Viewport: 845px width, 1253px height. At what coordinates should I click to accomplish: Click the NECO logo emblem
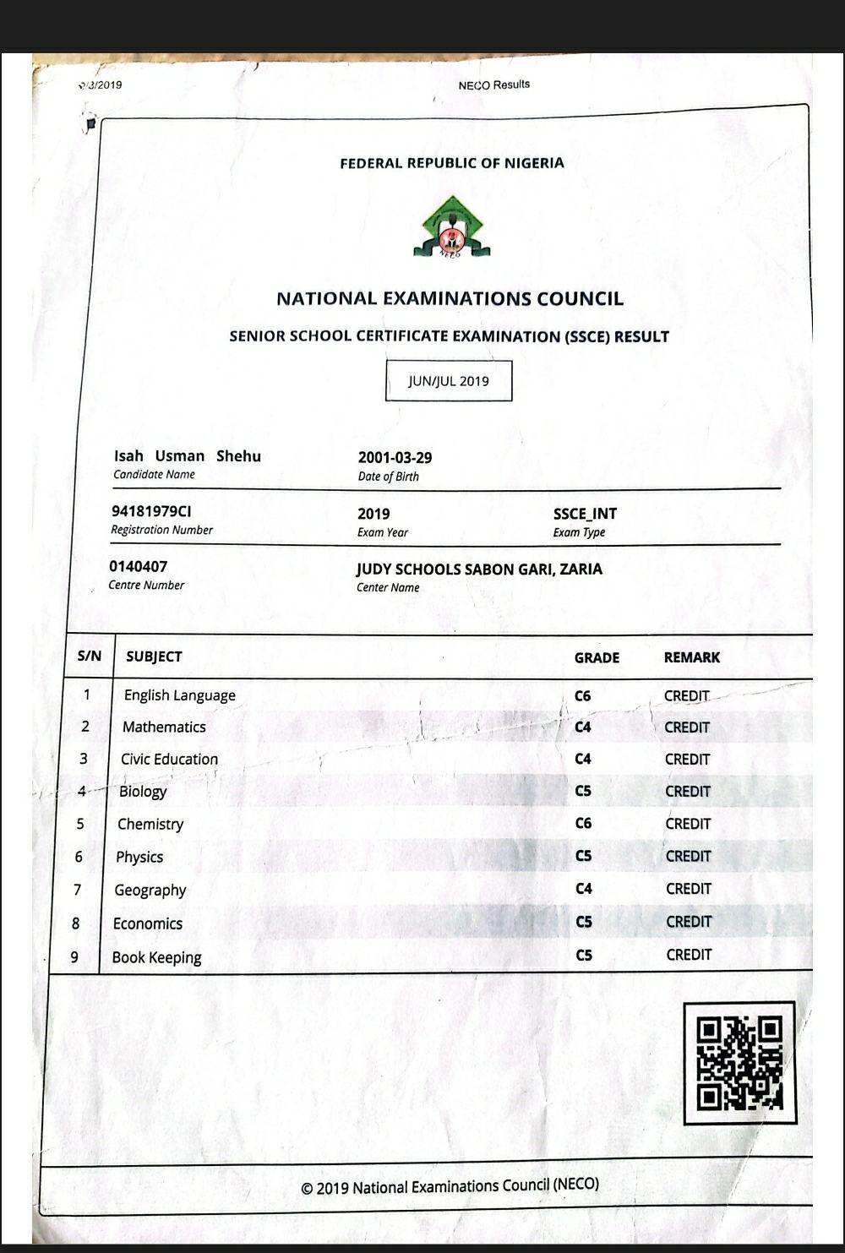pyautogui.click(x=452, y=227)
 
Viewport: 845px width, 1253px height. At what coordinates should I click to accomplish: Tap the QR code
pyautogui.click(x=739, y=1062)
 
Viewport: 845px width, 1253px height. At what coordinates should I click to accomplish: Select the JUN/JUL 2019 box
pyautogui.click(x=449, y=380)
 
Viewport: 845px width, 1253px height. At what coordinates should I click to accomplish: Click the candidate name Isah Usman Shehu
pyautogui.click(x=188, y=456)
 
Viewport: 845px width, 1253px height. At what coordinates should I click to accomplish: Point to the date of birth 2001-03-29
pyautogui.click(x=395, y=458)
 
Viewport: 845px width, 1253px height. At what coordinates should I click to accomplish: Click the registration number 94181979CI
pyautogui.click(x=151, y=511)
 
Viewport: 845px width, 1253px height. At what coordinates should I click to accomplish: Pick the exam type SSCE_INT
pyautogui.click(x=585, y=514)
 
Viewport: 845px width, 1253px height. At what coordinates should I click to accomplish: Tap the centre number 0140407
pyautogui.click(x=138, y=566)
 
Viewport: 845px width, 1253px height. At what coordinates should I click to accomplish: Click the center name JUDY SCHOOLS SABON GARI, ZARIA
pyautogui.click(x=479, y=569)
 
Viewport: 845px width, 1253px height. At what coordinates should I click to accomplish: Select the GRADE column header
pyautogui.click(x=597, y=657)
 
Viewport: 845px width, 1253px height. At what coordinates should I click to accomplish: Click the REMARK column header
pyautogui.click(x=691, y=657)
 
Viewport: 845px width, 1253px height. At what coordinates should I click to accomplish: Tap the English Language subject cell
pyautogui.click(x=180, y=695)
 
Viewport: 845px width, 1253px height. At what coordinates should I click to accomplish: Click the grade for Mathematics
pyautogui.click(x=583, y=727)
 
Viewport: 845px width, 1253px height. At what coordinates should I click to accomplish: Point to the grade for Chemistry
pyautogui.click(x=583, y=823)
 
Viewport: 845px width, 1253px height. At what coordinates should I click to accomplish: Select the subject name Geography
pyautogui.click(x=150, y=890)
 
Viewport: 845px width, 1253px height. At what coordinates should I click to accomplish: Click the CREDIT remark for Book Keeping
pyautogui.click(x=689, y=955)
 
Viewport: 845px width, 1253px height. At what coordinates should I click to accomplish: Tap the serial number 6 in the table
pyautogui.click(x=79, y=857)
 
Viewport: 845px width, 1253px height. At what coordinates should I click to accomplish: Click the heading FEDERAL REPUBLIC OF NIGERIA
pyautogui.click(x=452, y=163)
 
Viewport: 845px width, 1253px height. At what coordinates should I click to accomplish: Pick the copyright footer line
pyautogui.click(x=450, y=1186)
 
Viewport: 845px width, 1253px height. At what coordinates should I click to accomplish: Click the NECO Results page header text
pyautogui.click(x=493, y=84)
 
